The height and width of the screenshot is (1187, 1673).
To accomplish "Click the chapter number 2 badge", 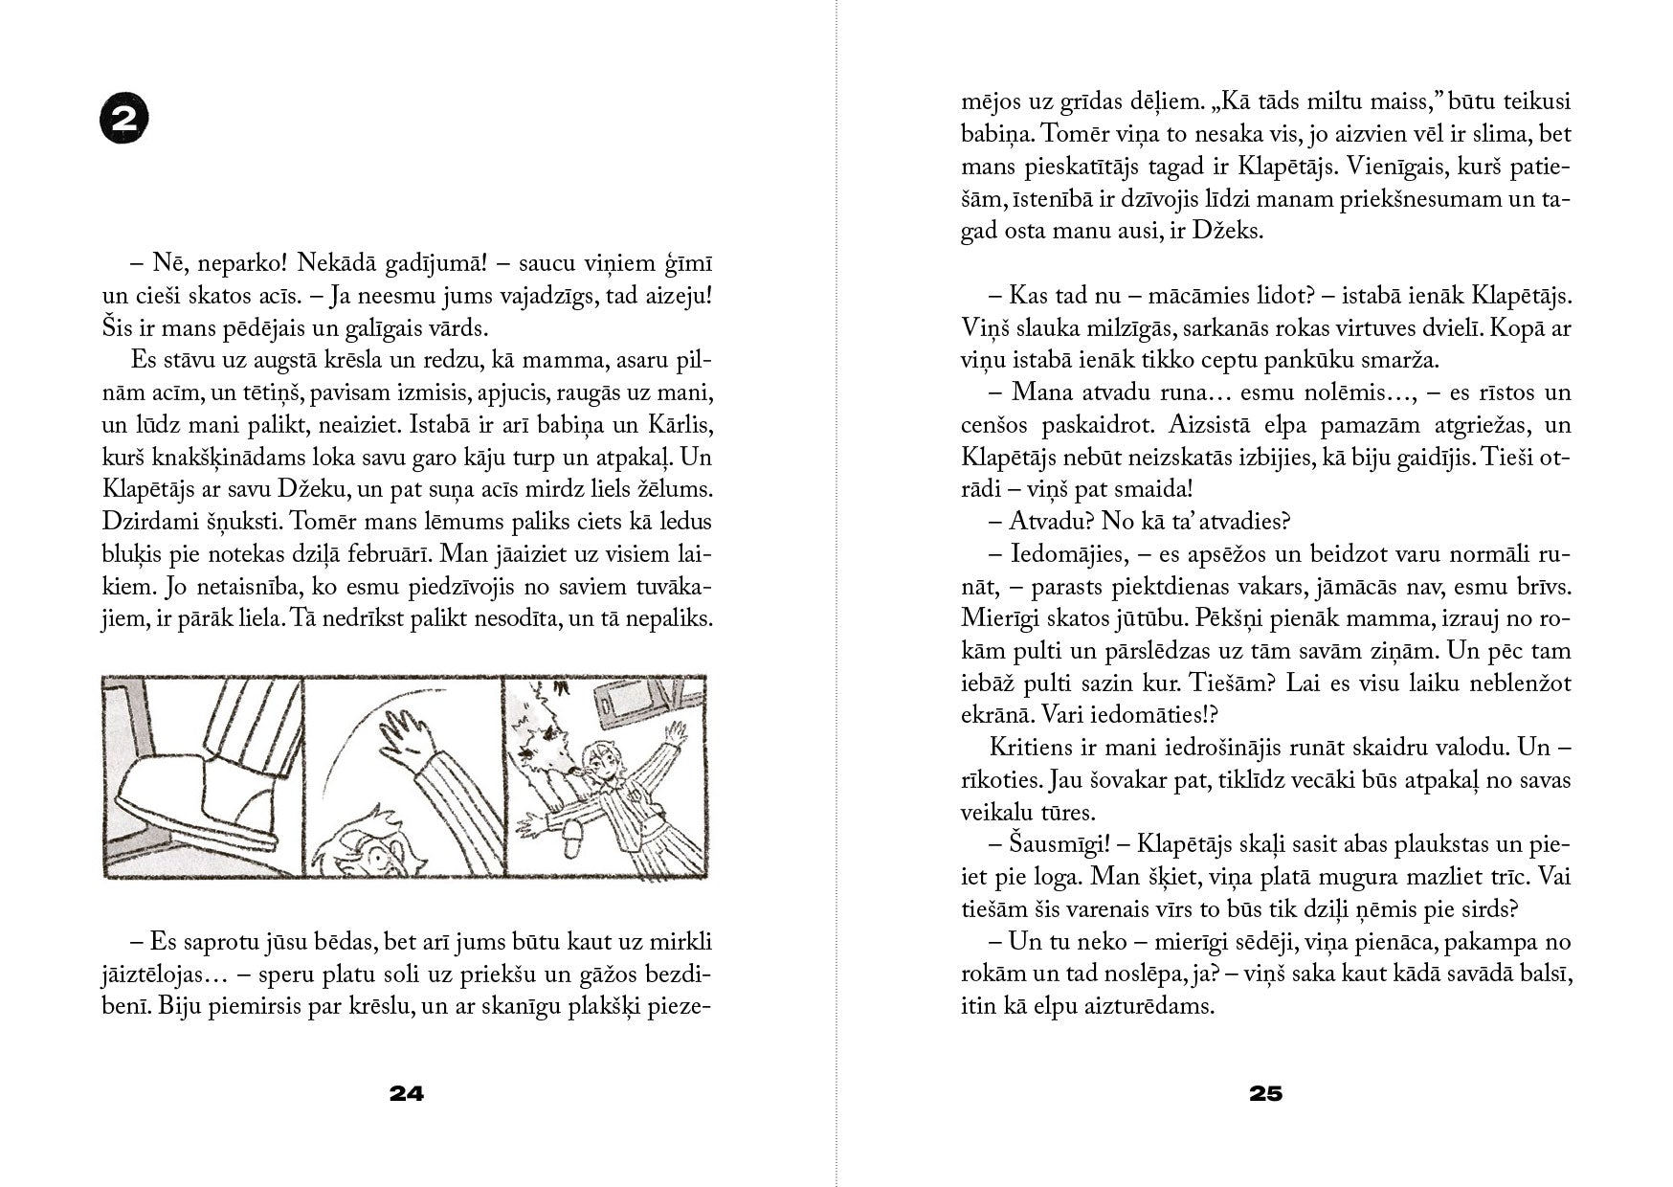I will click(x=123, y=122).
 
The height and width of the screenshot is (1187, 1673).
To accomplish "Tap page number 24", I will click(x=407, y=1093).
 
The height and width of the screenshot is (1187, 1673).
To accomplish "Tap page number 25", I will click(x=1265, y=1093).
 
